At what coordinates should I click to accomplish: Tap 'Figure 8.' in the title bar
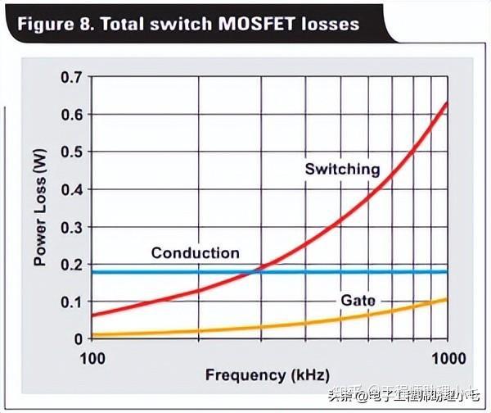pyautogui.click(x=52, y=23)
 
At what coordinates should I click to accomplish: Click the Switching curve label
pyautogui.click(x=342, y=170)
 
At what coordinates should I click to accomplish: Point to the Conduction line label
pyautogui.click(x=195, y=253)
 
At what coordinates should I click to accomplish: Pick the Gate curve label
pyautogui.click(x=358, y=301)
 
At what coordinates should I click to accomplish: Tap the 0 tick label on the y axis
pyautogui.click(x=78, y=339)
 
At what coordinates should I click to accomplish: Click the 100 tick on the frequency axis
pyautogui.click(x=92, y=359)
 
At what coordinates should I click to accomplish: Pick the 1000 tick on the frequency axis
pyautogui.click(x=447, y=359)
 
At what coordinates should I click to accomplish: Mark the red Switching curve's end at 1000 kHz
pyautogui.click(x=447, y=103)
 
